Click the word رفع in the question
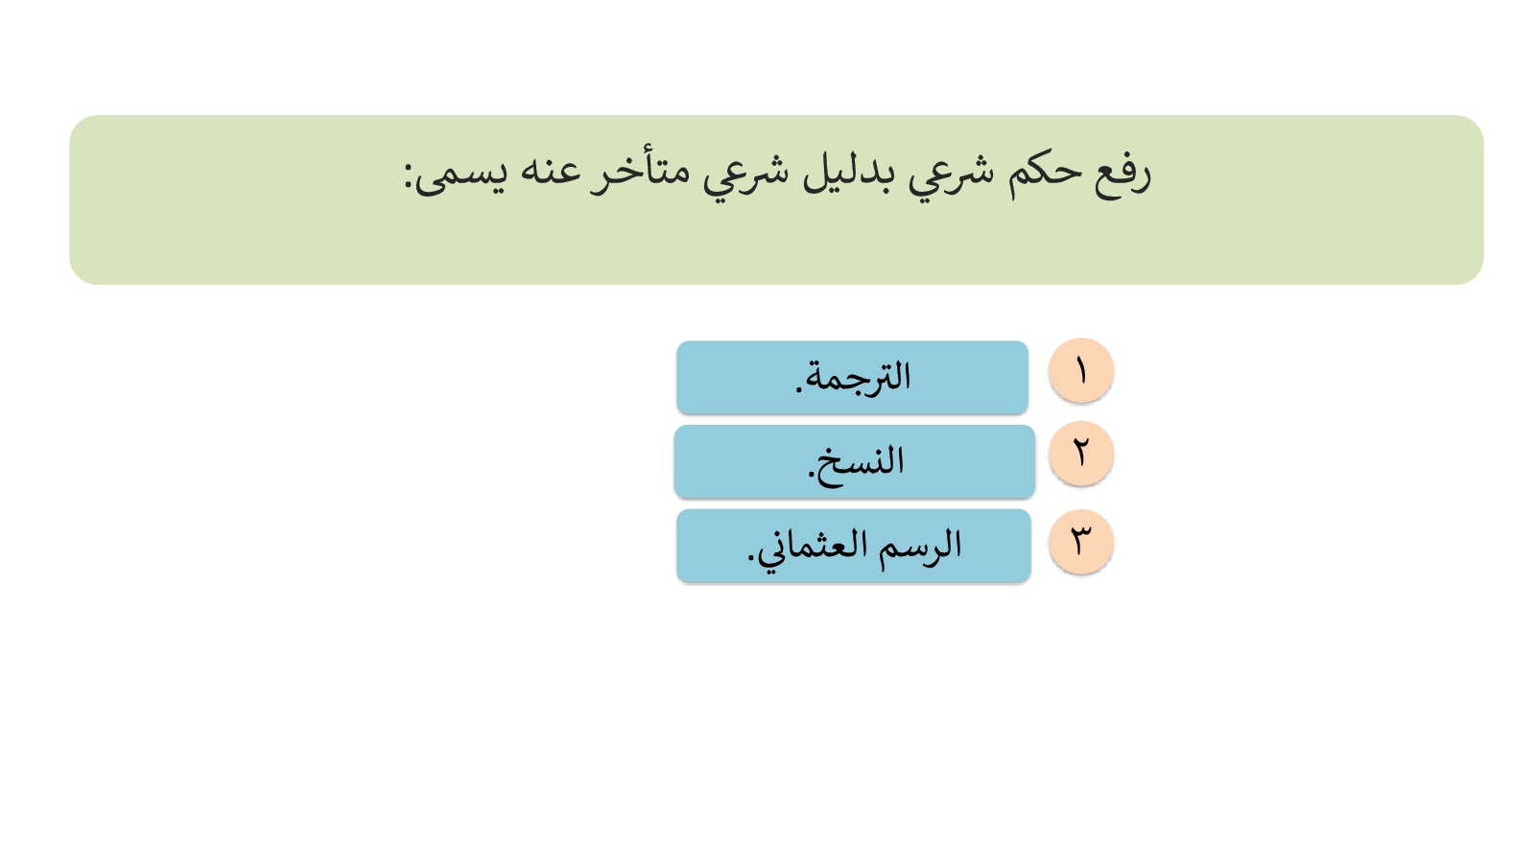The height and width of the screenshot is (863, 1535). point(1122,175)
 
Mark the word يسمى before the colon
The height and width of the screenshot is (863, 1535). point(461,176)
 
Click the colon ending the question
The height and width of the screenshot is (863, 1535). point(409,176)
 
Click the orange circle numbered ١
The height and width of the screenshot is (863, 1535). point(1080,370)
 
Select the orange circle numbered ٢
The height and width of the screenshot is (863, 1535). point(1080,454)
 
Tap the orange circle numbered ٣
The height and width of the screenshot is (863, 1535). point(1080,541)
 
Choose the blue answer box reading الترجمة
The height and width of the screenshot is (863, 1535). point(852,378)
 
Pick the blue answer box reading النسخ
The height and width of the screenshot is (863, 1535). point(854,461)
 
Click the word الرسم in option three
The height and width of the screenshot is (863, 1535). point(921,546)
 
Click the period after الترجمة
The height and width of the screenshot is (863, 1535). point(799,390)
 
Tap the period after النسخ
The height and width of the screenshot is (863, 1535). point(811,475)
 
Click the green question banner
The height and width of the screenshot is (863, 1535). point(776,200)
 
